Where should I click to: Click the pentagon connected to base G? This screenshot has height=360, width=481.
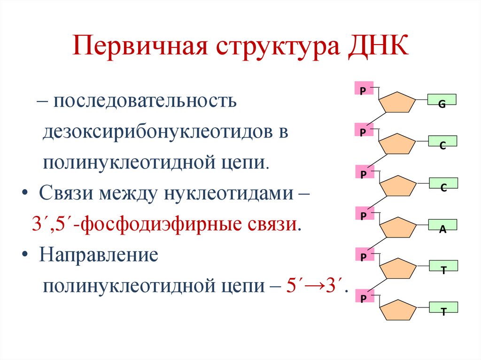pyautogui.click(x=397, y=103)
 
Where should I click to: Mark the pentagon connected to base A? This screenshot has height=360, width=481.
pyautogui.click(x=397, y=227)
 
